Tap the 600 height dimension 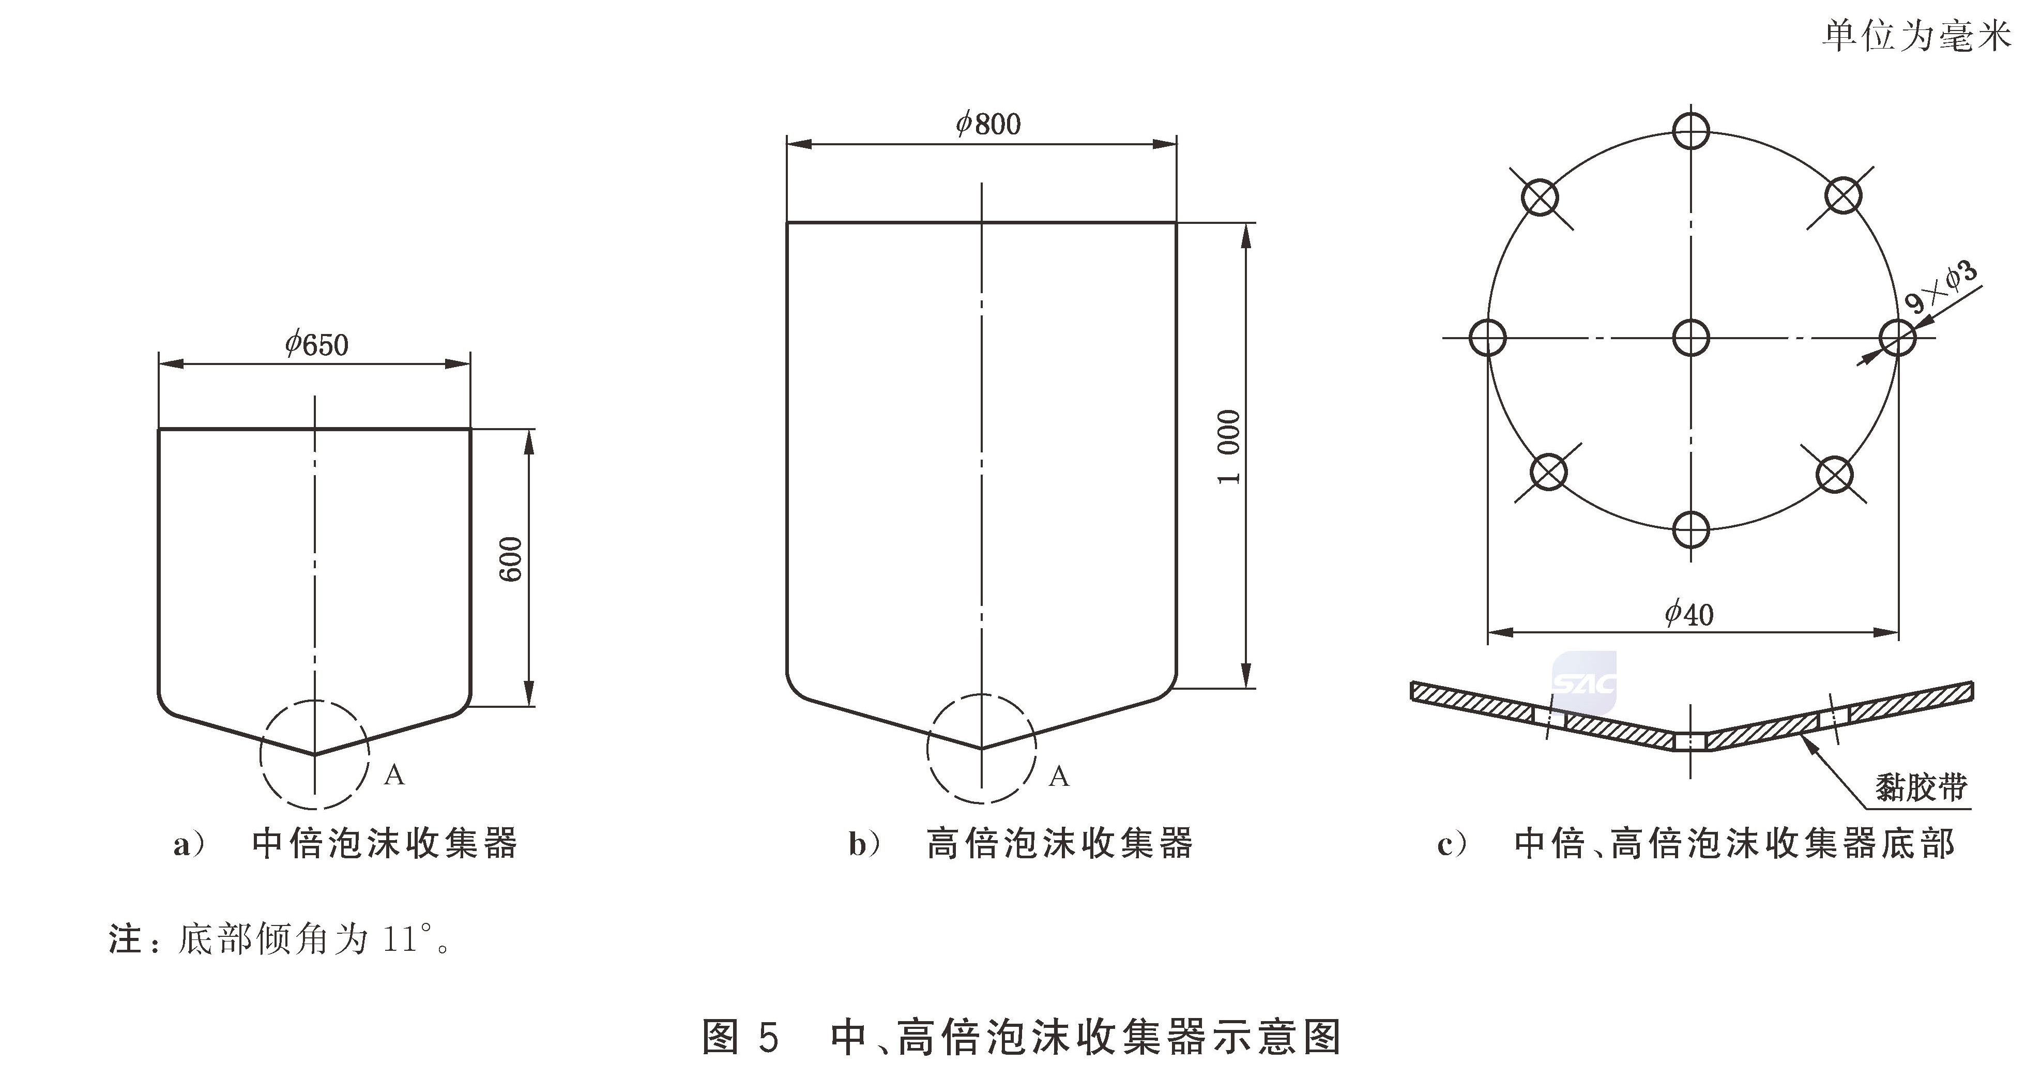[x=512, y=559]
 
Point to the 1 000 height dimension [x=1229, y=447]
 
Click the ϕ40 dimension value [x=1689, y=614]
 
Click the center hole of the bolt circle [x=1691, y=338]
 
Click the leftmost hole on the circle [x=1487, y=338]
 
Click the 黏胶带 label [x=1921, y=787]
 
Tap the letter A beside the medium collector [x=394, y=775]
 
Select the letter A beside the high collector [x=1059, y=776]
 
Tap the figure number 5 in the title [x=767, y=1036]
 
